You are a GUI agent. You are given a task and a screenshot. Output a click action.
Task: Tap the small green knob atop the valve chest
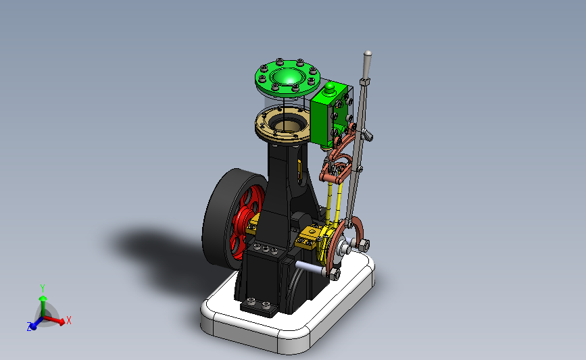pos(329,88)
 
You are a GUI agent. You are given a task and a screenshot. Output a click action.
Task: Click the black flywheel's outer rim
pos(220,220)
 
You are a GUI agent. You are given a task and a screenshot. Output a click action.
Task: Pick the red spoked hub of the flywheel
pos(245,224)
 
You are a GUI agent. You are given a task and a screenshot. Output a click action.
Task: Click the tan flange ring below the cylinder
pos(283,126)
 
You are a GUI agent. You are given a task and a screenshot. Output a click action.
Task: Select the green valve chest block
pos(329,115)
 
